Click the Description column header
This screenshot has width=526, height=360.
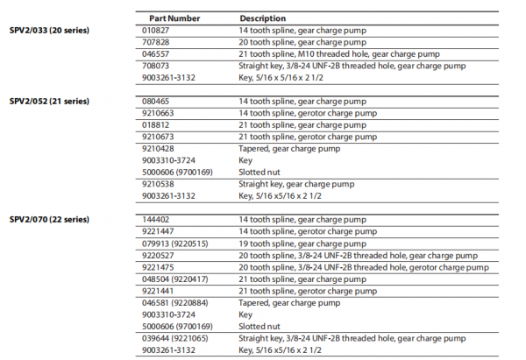coord(262,18)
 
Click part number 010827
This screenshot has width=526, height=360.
coord(154,31)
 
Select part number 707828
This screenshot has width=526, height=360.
coord(154,42)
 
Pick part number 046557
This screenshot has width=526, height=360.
coord(154,53)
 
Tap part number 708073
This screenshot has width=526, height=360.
coord(154,65)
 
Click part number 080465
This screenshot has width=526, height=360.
coord(154,102)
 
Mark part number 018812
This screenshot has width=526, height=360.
coord(154,124)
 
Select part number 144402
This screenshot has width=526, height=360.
coord(154,219)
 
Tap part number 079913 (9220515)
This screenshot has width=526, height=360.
coord(174,243)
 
